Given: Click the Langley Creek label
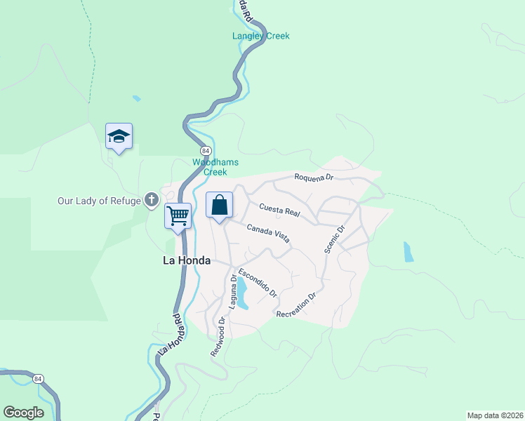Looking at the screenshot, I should [261, 36].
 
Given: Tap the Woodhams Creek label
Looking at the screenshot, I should [215, 167].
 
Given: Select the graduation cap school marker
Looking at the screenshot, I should [119, 135].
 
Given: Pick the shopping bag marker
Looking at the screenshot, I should [219, 206].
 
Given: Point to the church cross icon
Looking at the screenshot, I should [151, 201].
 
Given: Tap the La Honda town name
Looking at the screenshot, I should [186, 260].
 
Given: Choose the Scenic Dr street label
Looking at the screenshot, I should [335, 239].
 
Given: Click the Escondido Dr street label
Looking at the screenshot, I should [258, 281].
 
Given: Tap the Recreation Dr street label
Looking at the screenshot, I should [297, 305].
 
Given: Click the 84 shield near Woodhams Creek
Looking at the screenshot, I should [205, 151].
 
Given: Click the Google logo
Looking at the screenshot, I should [23, 413].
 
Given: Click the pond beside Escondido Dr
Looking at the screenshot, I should [242, 293].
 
